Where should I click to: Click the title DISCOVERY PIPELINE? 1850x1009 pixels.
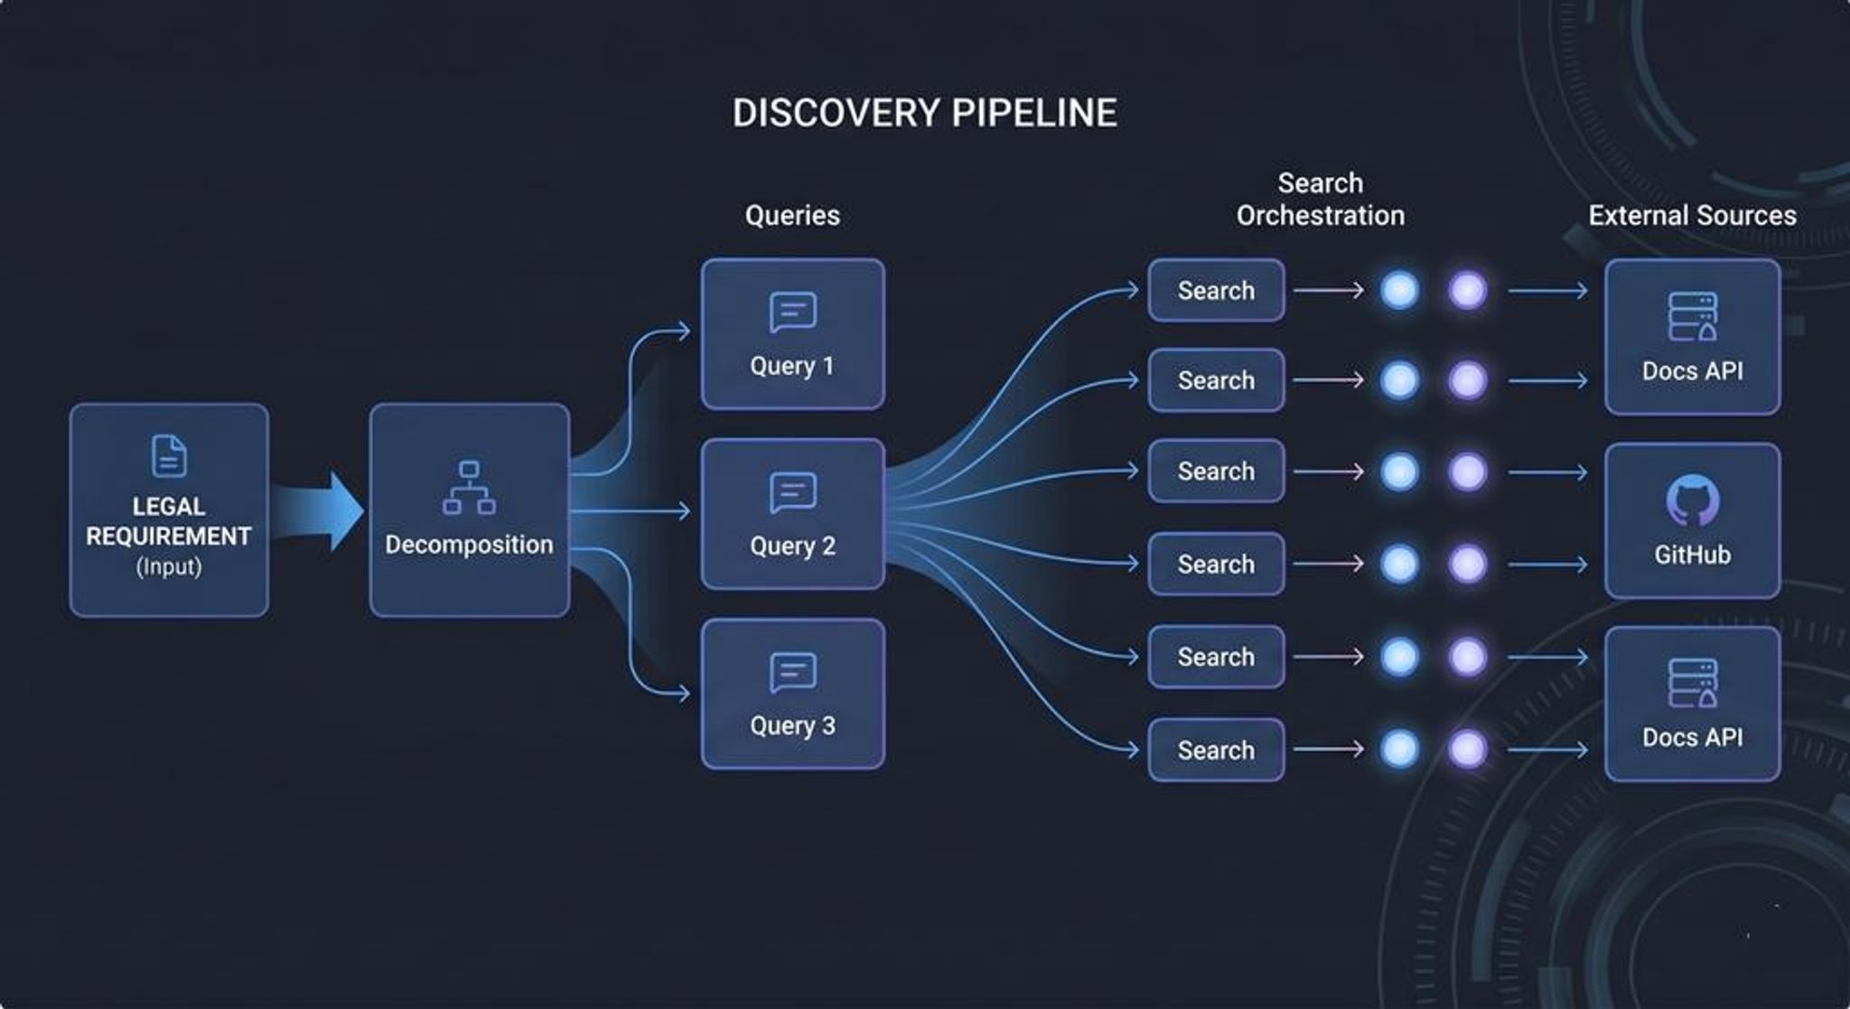tap(924, 113)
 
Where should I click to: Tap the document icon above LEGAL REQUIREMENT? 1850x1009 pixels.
tap(169, 455)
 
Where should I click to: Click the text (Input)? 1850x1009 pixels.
tap(169, 567)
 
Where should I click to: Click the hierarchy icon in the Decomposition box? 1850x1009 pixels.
tap(469, 488)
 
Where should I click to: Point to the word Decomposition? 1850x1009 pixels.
tap(469, 545)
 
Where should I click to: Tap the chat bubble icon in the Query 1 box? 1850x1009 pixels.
tap(793, 313)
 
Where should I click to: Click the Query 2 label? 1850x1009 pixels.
tap(792, 546)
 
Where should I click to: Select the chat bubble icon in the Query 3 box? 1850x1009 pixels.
tap(793, 673)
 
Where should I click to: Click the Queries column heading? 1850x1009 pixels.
tap(792, 215)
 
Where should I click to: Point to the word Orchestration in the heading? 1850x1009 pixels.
tap(1320, 216)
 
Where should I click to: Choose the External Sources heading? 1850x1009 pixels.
tap(1692, 215)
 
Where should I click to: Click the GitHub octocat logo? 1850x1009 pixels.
tap(1692, 500)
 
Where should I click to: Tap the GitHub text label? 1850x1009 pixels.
tap(1692, 555)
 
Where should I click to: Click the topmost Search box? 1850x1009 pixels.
tap(1216, 291)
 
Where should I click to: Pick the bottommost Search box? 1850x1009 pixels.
tap(1216, 750)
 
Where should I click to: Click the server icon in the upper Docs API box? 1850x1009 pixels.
tap(1692, 316)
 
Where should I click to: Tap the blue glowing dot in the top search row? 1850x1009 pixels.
tap(1399, 291)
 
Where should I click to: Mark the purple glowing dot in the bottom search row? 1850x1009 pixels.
tap(1467, 749)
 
